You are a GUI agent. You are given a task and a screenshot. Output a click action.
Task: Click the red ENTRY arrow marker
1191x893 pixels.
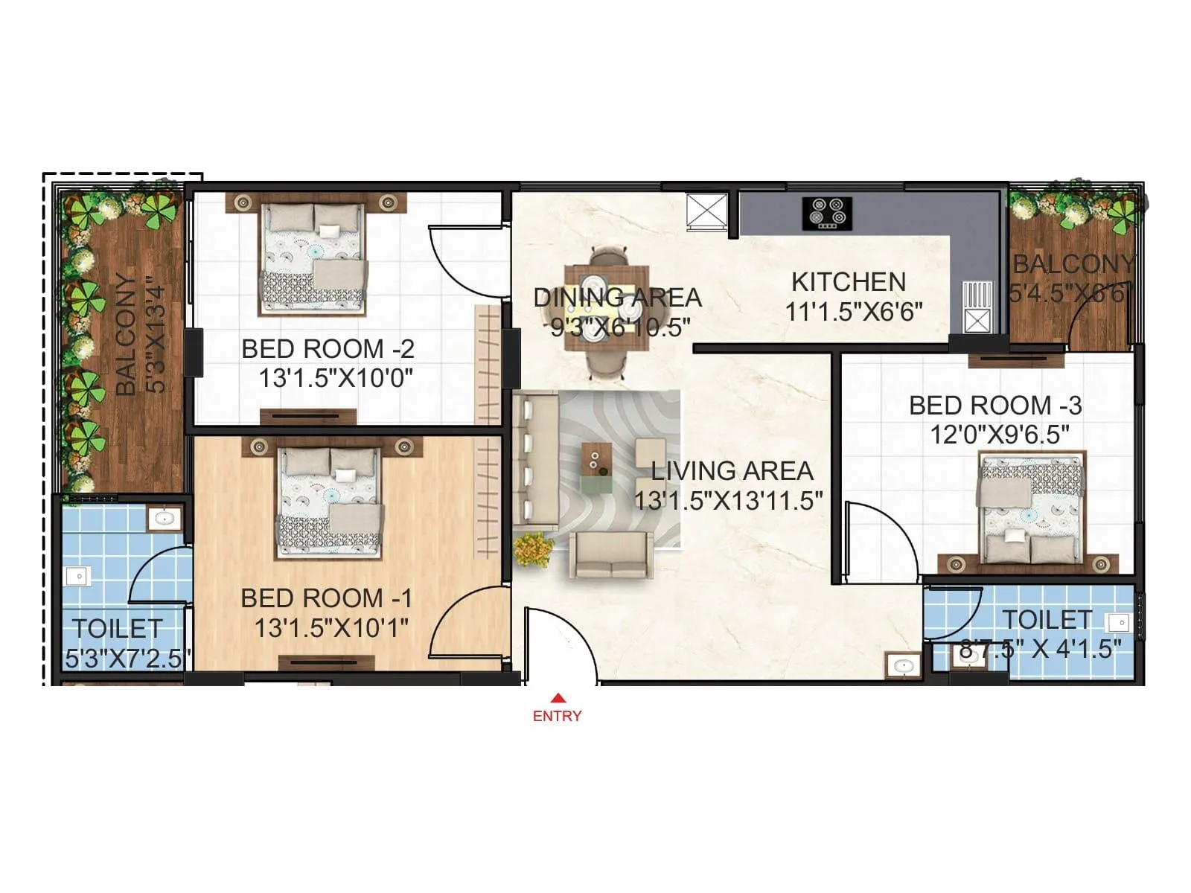coord(557,698)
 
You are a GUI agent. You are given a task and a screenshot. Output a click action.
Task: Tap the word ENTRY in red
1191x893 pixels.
coord(557,716)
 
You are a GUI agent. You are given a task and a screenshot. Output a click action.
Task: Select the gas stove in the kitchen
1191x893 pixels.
coord(827,212)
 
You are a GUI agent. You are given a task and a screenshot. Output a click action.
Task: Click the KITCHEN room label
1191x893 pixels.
coord(849,282)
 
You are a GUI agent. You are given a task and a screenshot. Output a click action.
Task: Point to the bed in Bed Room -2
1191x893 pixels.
coord(313,257)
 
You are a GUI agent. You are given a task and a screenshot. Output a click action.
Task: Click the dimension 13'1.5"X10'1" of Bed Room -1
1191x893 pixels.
coord(331,628)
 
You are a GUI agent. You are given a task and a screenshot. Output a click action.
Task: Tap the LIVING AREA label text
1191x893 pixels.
coord(732,471)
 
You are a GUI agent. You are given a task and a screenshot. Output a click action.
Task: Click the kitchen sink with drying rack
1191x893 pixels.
coord(977,306)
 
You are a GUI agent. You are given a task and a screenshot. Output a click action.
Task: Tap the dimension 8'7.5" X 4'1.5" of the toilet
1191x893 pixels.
coord(1040,649)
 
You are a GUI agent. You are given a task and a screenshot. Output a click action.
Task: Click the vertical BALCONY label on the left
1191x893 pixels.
coord(127,335)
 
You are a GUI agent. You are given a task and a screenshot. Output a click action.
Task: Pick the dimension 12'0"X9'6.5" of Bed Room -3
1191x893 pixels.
coord(999,434)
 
